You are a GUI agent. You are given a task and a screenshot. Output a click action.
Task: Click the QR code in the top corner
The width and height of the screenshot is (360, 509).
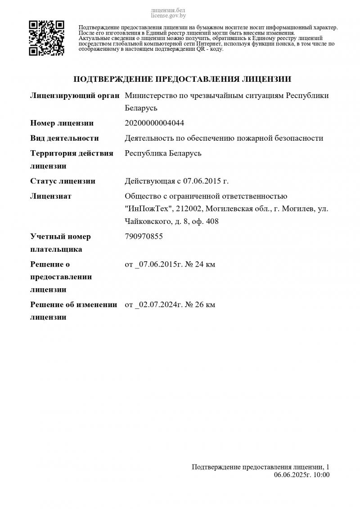coord(46,38)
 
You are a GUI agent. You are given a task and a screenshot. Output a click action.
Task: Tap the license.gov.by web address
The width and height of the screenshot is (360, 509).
coord(168,15)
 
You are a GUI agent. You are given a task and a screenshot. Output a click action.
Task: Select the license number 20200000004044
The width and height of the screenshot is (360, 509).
coord(154,123)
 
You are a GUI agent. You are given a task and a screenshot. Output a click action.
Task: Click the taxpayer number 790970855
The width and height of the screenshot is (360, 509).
coord(144,237)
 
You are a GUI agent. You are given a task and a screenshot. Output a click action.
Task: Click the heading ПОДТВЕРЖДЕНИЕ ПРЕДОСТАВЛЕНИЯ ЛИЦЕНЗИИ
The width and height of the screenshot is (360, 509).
coord(182,79)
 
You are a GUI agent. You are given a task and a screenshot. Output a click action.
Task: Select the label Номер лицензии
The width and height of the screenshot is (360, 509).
coord(62,123)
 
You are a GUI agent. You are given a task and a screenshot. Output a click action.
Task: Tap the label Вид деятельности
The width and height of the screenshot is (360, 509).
coord(64,138)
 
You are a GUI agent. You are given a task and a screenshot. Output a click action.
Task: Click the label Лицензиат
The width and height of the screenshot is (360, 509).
coord(51,196)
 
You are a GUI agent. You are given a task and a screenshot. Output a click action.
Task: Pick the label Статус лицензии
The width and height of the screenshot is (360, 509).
coord(63,181)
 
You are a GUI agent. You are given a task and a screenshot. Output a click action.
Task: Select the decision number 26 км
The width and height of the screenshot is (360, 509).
coord(205,304)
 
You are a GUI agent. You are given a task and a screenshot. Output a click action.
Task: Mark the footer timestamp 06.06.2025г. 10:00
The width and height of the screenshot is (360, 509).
coord(301,474)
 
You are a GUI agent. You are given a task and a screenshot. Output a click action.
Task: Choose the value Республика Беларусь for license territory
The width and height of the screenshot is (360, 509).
coord(163,153)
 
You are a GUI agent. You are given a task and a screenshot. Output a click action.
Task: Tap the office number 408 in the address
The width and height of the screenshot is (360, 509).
coord(212,221)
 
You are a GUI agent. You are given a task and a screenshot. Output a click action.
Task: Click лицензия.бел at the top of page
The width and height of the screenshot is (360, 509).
coord(168,10)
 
